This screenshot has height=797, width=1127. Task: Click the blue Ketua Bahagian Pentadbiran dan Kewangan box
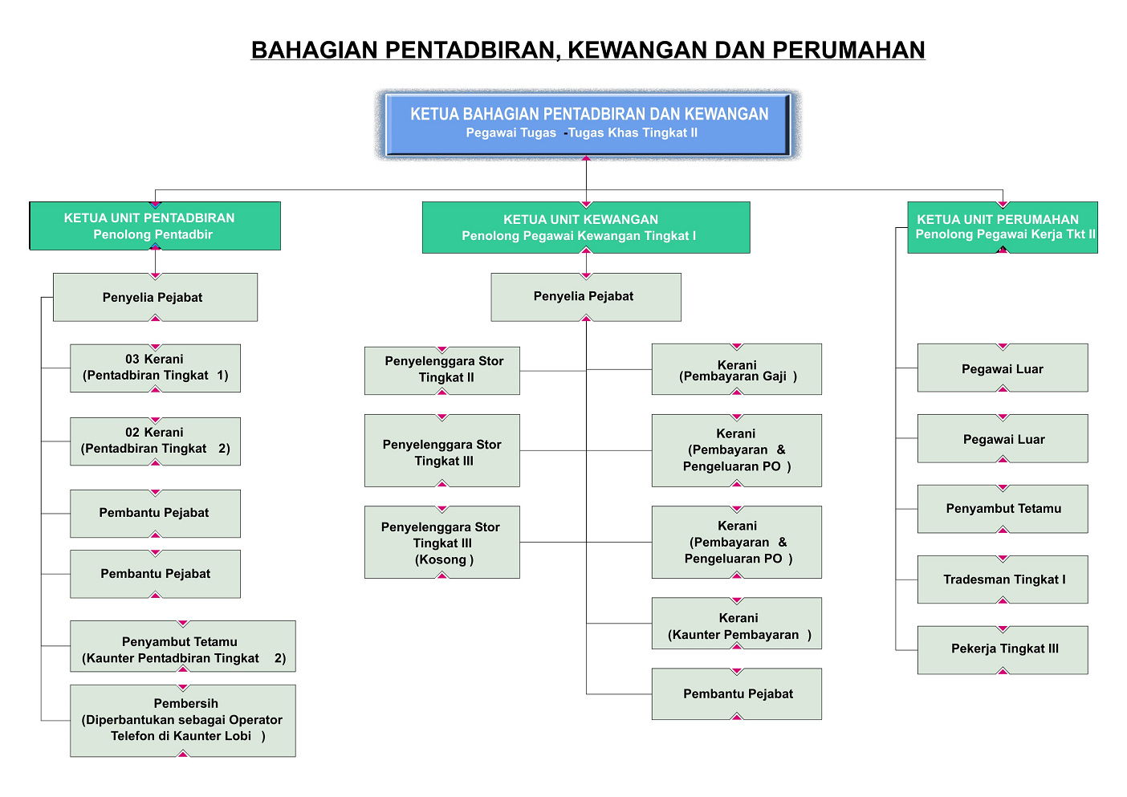588,124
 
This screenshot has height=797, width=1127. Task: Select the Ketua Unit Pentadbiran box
155,226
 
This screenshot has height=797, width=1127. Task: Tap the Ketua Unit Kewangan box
586,227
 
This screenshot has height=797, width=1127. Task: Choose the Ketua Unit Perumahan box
1003,227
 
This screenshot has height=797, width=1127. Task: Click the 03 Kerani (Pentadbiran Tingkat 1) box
155,368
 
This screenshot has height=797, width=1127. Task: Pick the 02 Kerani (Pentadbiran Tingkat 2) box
155,441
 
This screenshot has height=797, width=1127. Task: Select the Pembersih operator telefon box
183,720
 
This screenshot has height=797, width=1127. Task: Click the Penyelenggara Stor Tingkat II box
442,370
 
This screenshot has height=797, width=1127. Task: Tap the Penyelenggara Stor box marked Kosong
442,542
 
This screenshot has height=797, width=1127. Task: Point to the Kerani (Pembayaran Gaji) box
737,369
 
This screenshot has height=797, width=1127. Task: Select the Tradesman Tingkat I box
1003,579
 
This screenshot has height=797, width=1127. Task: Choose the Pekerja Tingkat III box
1003,649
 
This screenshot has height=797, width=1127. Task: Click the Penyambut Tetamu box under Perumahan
1003,509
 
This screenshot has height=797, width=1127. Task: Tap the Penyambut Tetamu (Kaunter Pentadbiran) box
183,646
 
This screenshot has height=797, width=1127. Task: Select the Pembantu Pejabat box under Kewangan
737,693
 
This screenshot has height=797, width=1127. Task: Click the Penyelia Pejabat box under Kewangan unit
586,297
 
